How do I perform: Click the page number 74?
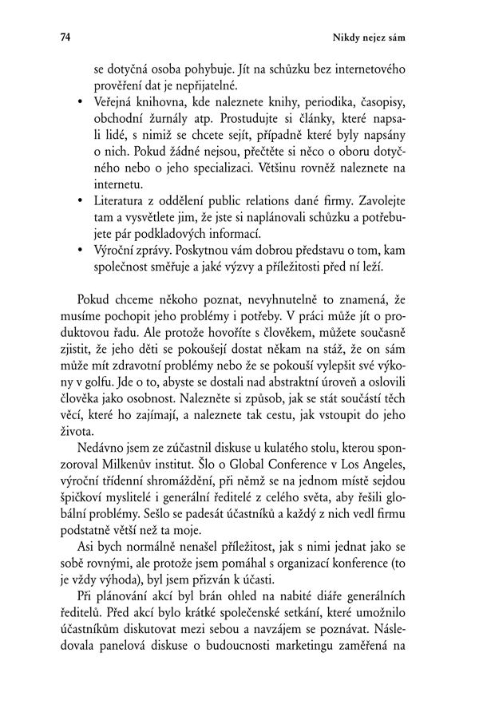pyautogui.click(x=44, y=38)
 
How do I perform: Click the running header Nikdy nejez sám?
pyautogui.click(x=391, y=38)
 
